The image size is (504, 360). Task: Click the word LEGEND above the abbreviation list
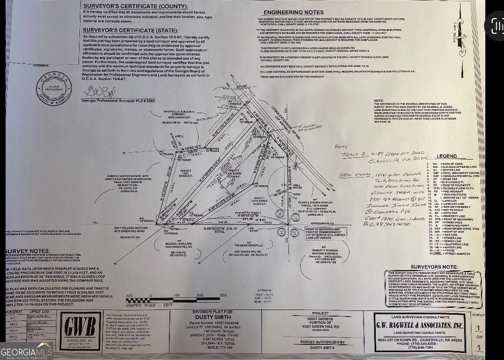tap(446, 155)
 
